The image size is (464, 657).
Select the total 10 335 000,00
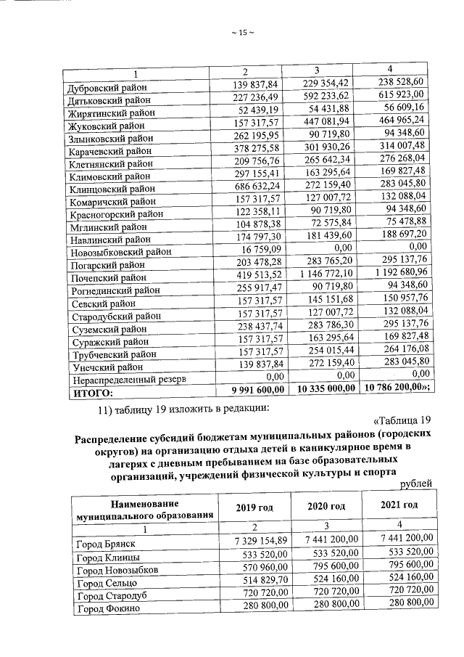click(326, 389)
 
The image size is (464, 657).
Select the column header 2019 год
click(251, 507)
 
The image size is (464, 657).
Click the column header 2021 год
click(400, 505)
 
